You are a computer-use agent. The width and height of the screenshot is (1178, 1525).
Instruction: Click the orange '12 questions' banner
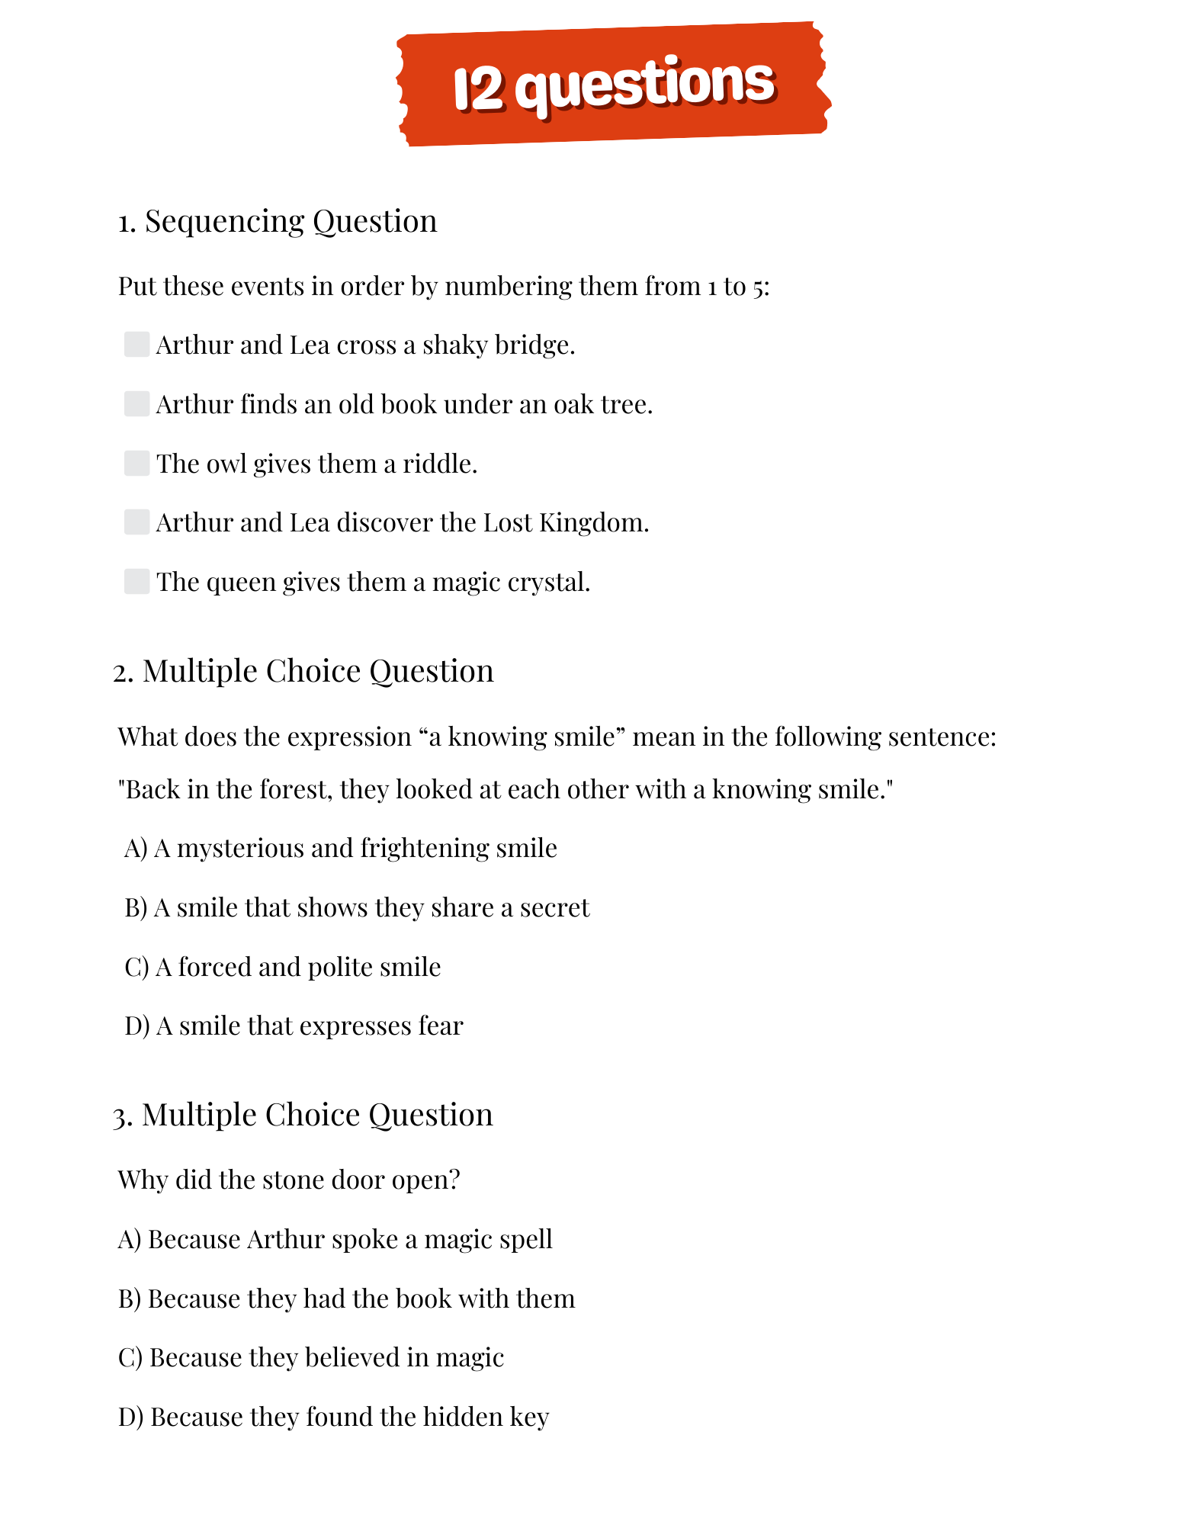point(613,84)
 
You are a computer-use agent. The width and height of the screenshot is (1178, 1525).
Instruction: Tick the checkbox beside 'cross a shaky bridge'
point(136,344)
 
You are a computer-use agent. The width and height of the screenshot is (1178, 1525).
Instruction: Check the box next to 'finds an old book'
point(136,403)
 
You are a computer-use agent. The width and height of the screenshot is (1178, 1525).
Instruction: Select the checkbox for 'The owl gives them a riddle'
point(136,463)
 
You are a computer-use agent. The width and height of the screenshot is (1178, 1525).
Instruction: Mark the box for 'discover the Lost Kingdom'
point(136,522)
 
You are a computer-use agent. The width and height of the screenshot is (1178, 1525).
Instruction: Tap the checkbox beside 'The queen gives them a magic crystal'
point(136,581)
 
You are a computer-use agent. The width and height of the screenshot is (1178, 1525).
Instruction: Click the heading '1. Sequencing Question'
point(278,221)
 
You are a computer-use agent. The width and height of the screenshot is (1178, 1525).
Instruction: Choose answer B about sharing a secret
point(357,907)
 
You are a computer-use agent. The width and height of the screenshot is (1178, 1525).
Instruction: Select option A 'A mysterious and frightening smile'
point(341,848)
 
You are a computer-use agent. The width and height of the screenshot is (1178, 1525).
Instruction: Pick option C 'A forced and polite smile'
point(283,967)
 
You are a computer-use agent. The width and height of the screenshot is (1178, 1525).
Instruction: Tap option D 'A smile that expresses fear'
point(294,1026)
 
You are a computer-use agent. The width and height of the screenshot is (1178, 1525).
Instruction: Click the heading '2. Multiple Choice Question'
point(303,671)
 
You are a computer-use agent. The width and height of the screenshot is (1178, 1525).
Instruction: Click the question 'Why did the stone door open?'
point(289,1180)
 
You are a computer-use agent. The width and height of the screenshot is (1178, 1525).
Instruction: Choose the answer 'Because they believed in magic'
point(311,1357)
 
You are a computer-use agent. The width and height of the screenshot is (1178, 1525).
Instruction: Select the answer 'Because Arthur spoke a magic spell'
point(335,1239)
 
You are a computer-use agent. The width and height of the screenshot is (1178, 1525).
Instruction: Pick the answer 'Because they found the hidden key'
point(334,1417)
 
